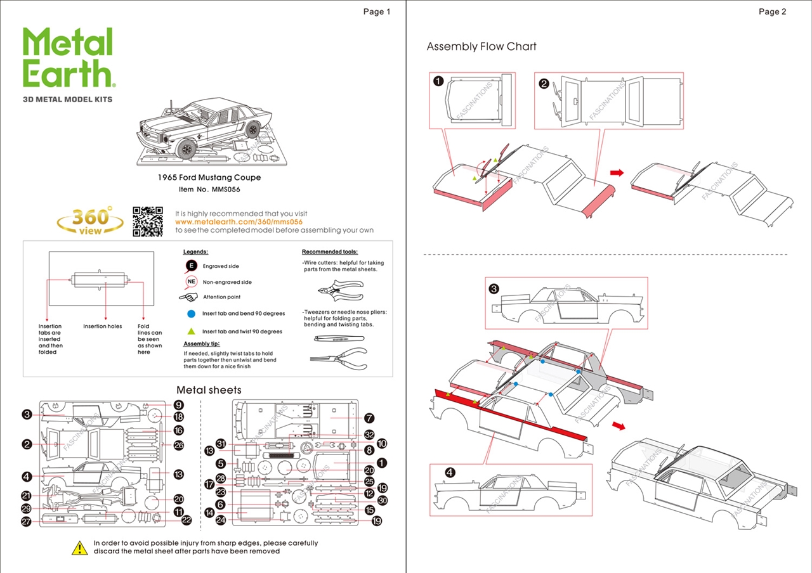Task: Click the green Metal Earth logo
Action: pyautogui.click(x=68, y=58)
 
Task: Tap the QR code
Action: pyautogui.click(x=148, y=221)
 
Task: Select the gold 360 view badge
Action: pyautogui.click(x=90, y=221)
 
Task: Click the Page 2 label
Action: pyautogui.click(x=772, y=11)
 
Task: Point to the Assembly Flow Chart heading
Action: pyautogui.click(x=481, y=46)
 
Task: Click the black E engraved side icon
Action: pyautogui.click(x=190, y=266)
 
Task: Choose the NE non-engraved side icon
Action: pyautogui.click(x=190, y=282)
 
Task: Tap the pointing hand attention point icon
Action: pyautogui.click(x=188, y=297)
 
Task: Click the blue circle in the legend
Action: pyautogui.click(x=191, y=314)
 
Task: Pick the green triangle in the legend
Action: pyautogui.click(x=191, y=331)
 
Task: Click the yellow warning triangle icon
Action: pyautogui.click(x=79, y=548)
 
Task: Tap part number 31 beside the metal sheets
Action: pyautogui.click(x=221, y=443)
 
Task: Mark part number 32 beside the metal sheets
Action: pyautogui.click(x=369, y=435)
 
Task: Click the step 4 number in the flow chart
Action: pyautogui.click(x=450, y=472)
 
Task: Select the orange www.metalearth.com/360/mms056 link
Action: pyautogui.click(x=239, y=222)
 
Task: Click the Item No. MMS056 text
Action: pyautogui.click(x=209, y=189)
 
